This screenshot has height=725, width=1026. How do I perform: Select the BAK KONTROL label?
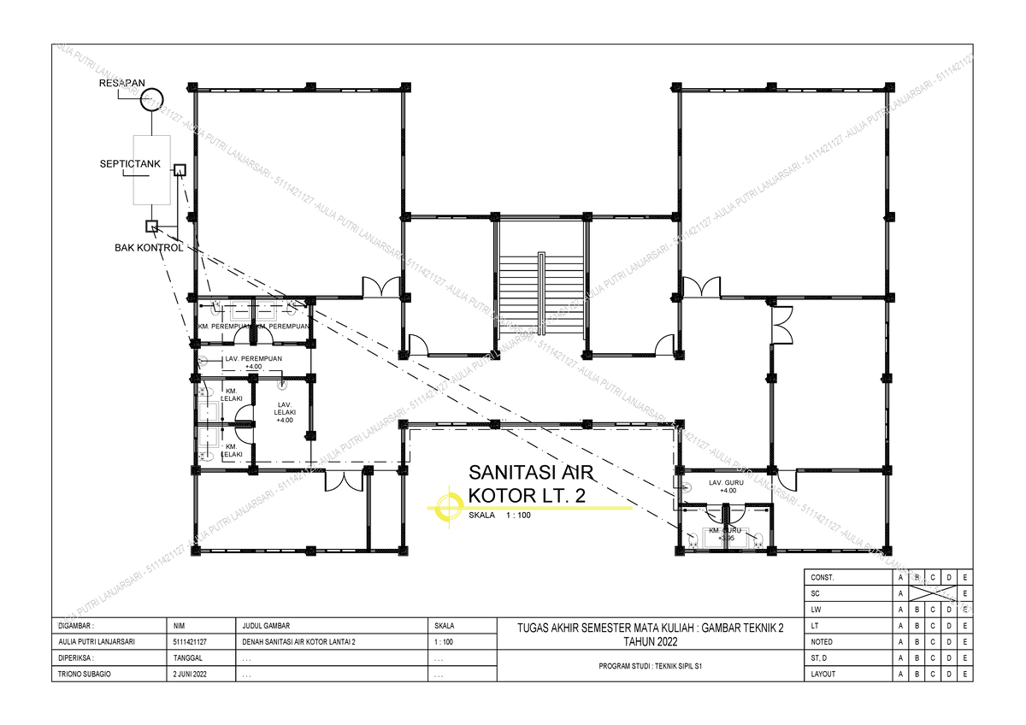point(149,248)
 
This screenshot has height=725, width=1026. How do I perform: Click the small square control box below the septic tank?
point(151,226)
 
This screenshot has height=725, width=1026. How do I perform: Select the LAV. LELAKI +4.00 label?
point(284,411)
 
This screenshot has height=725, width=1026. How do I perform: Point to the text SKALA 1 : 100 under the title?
point(500,516)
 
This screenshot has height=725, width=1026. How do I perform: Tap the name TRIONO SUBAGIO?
point(85,675)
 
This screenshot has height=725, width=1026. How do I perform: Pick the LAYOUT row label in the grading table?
point(823,675)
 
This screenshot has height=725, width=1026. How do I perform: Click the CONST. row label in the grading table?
point(823,577)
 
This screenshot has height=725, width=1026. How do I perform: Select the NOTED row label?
point(822,642)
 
